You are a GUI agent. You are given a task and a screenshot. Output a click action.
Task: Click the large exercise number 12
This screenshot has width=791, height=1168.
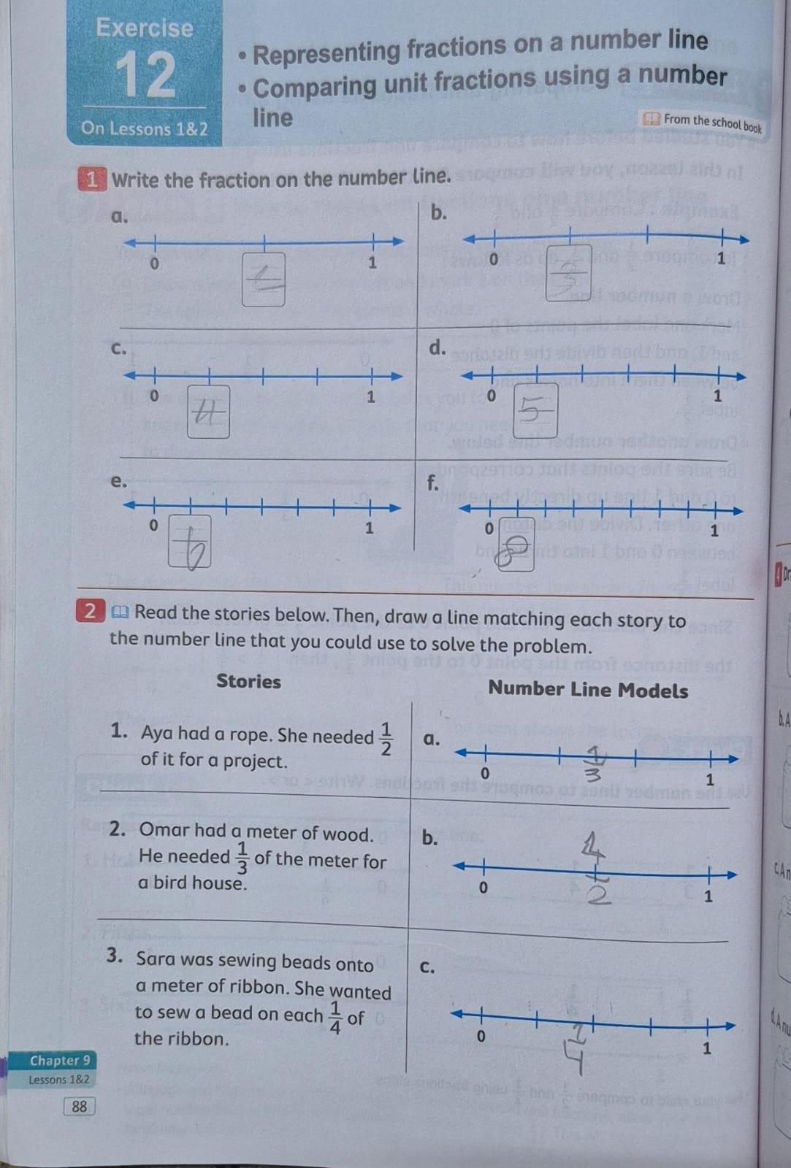point(145,74)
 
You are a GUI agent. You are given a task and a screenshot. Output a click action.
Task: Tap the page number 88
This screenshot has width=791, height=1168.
point(79,1106)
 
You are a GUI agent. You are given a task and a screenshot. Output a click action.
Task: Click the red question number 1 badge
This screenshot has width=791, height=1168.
point(91,180)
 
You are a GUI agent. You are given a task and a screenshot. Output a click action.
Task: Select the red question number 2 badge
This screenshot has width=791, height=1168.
point(90,611)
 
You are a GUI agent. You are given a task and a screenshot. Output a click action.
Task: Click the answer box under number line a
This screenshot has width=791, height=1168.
point(264,280)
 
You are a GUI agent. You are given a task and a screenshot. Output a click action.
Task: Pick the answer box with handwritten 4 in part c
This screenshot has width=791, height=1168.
point(208,412)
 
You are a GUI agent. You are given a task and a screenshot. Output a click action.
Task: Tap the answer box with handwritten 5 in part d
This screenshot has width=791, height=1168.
point(535,411)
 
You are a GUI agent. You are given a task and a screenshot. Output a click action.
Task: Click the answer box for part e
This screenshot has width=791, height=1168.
point(190,541)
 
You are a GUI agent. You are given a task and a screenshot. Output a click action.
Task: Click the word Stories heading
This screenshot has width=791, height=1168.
point(248,681)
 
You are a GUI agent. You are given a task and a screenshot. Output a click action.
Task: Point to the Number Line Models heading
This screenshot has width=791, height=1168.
point(588,690)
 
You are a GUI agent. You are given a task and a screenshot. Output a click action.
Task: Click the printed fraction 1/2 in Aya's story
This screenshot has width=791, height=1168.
point(386,739)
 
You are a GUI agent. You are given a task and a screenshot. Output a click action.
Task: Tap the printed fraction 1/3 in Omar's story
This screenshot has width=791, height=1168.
point(242,858)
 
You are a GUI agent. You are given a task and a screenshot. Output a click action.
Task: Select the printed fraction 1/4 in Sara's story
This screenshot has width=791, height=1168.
point(335,1017)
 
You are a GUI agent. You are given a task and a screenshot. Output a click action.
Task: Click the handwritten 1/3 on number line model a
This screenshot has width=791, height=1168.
point(595,764)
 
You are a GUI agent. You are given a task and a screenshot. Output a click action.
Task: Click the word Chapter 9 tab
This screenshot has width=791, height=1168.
point(60,1060)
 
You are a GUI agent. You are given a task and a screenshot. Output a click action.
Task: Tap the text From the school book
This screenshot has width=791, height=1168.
point(711,123)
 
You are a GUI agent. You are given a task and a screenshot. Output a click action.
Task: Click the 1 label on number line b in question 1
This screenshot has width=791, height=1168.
point(721,258)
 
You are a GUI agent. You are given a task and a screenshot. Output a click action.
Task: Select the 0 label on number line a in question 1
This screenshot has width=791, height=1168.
point(153,263)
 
